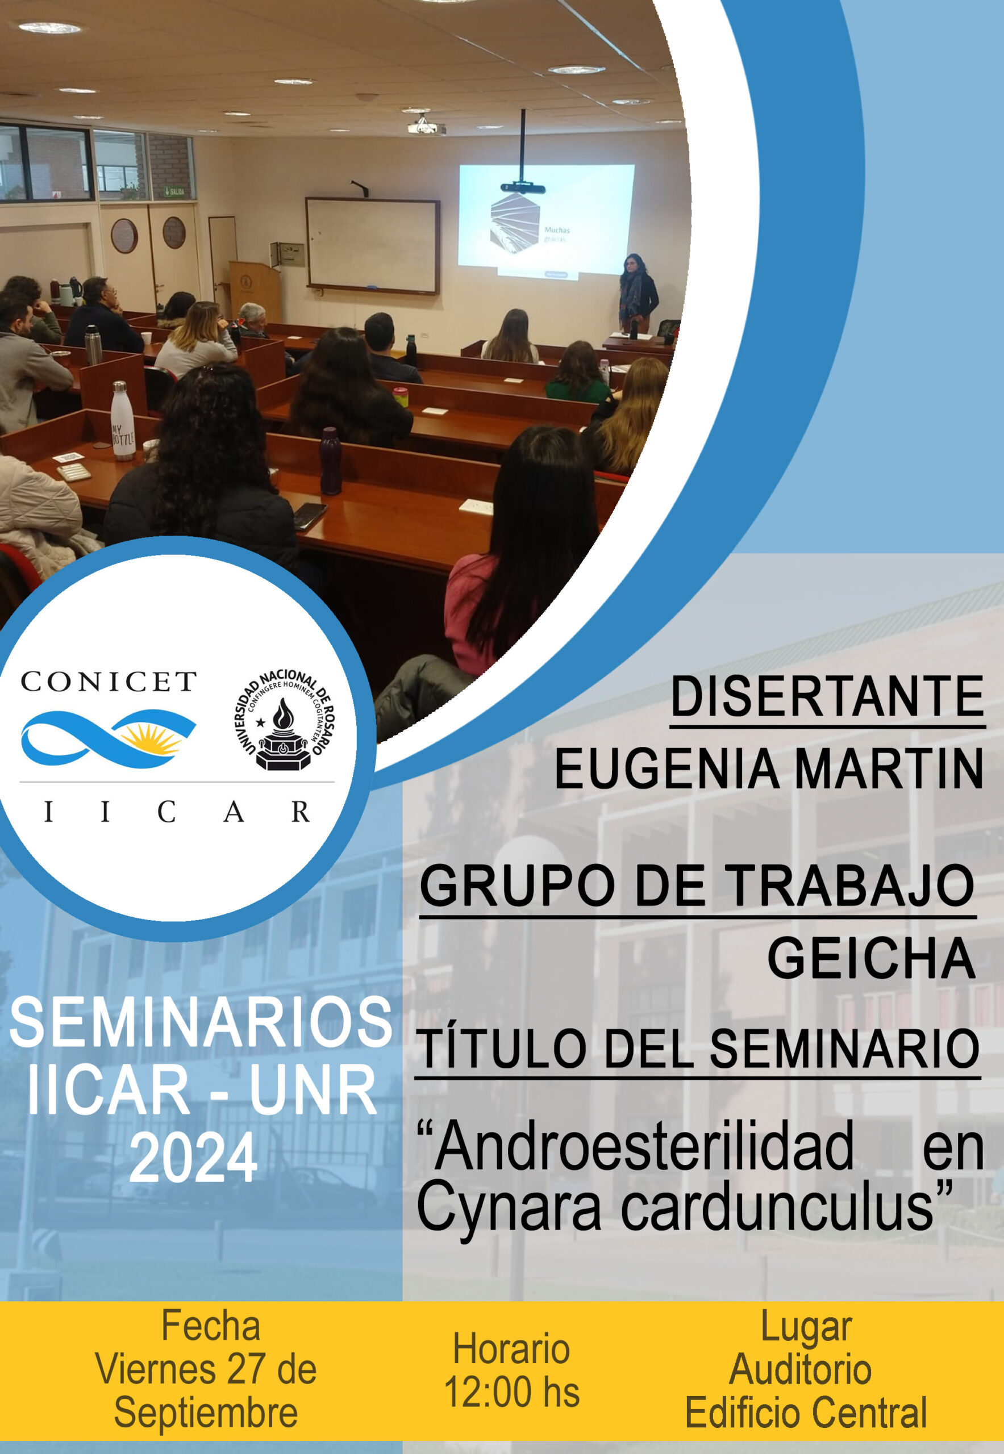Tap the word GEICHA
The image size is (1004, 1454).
point(871,958)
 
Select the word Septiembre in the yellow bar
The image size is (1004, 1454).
point(206,1413)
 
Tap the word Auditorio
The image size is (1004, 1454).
point(800,1369)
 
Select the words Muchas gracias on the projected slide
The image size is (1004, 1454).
point(556,235)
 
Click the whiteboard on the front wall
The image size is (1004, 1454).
point(372,245)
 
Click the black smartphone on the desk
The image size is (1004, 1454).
point(310,516)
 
